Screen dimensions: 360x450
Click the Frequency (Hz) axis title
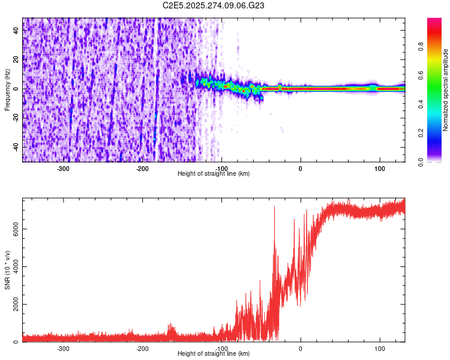(7, 89)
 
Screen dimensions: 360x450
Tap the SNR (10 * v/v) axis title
(7, 270)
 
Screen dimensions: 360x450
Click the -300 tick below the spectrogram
(63, 169)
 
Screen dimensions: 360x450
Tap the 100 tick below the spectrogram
(380, 169)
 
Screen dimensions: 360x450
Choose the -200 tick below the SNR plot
(142, 349)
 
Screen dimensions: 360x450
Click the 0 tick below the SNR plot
(301, 349)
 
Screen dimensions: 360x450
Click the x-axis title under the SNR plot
(214, 354)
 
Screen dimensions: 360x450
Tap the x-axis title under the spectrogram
(214, 173)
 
